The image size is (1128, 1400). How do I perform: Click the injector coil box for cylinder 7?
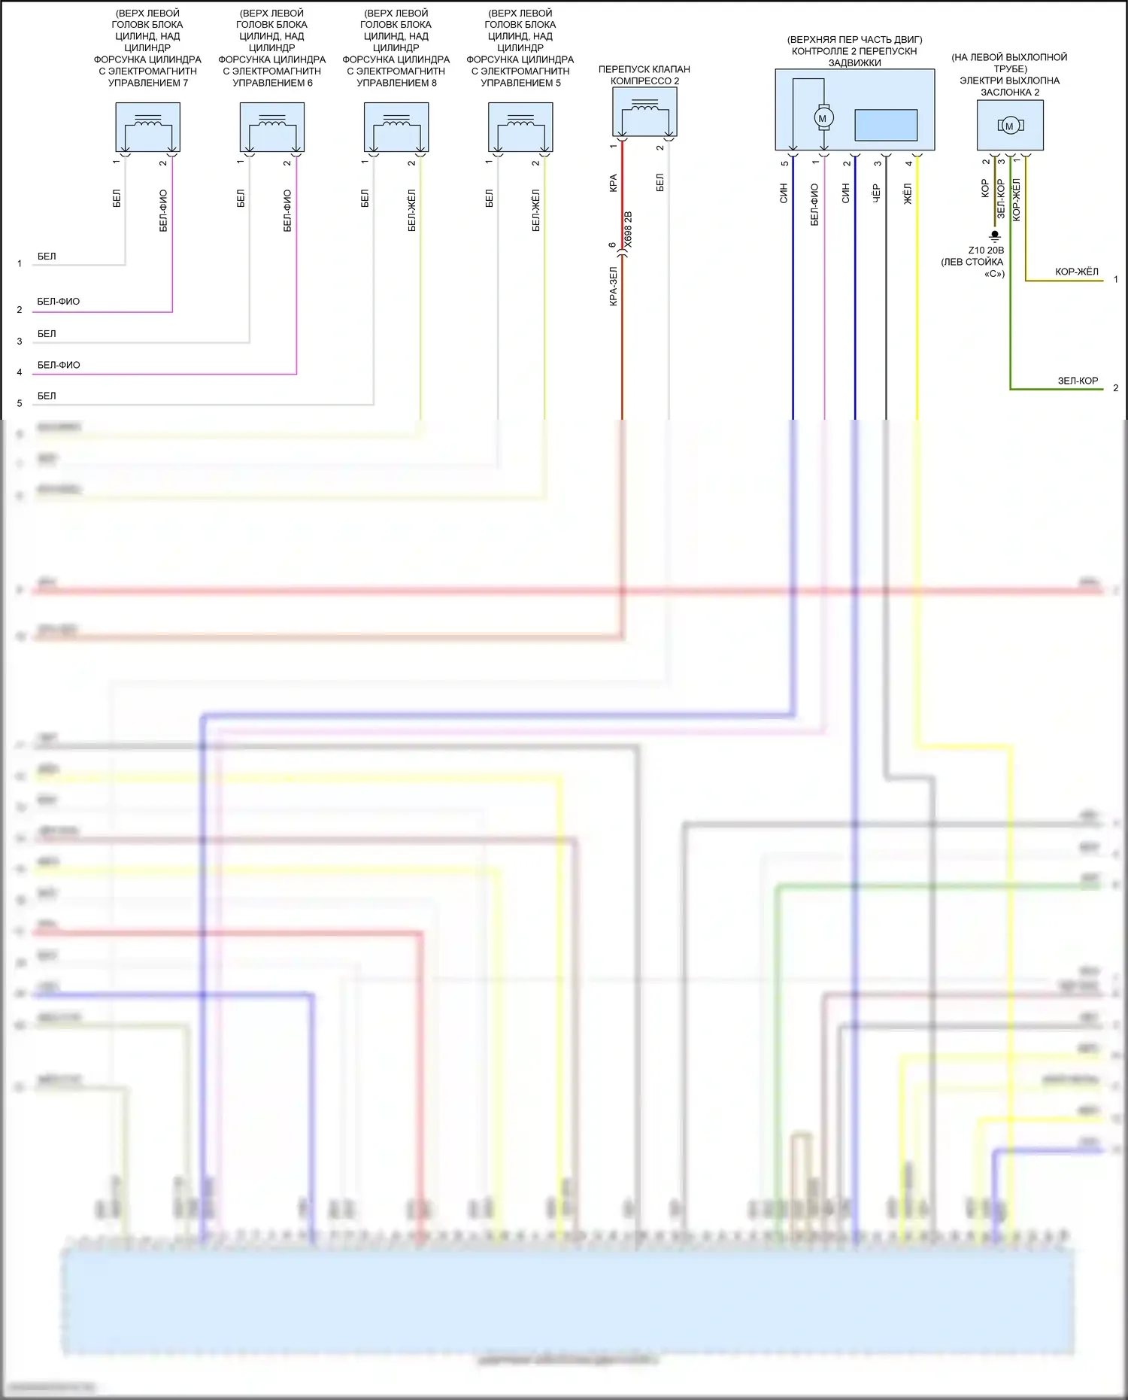[x=147, y=127]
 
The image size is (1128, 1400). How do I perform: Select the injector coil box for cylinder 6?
[x=271, y=127]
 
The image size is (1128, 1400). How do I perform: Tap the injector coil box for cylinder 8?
[x=396, y=127]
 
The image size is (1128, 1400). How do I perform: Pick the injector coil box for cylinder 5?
[x=520, y=127]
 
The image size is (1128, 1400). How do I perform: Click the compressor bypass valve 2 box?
[x=644, y=111]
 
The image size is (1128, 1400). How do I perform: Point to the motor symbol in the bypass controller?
[x=822, y=118]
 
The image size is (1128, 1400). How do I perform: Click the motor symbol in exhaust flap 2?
[x=1009, y=126]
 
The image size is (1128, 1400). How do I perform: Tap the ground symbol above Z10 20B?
[x=994, y=235]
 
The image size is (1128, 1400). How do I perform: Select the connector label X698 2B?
[x=629, y=229]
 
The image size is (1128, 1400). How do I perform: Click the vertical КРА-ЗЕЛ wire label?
[x=613, y=286]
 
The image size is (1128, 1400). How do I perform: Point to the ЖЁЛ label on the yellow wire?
[x=908, y=194]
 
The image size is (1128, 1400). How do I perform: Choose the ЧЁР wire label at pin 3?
[x=876, y=194]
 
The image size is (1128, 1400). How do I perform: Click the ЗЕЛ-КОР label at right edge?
[x=1078, y=381]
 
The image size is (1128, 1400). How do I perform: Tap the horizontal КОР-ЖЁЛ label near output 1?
[x=1076, y=272]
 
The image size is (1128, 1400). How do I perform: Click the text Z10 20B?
[x=985, y=251]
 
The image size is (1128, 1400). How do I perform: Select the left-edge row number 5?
[x=20, y=403]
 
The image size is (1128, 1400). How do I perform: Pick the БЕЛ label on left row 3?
[x=47, y=333]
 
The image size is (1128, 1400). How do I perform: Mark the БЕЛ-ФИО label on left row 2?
[x=58, y=302]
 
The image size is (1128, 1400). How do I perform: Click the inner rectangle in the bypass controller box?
[x=886, y=125]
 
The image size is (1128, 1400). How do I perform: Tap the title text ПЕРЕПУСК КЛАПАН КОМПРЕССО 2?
[x=644, y=74]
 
